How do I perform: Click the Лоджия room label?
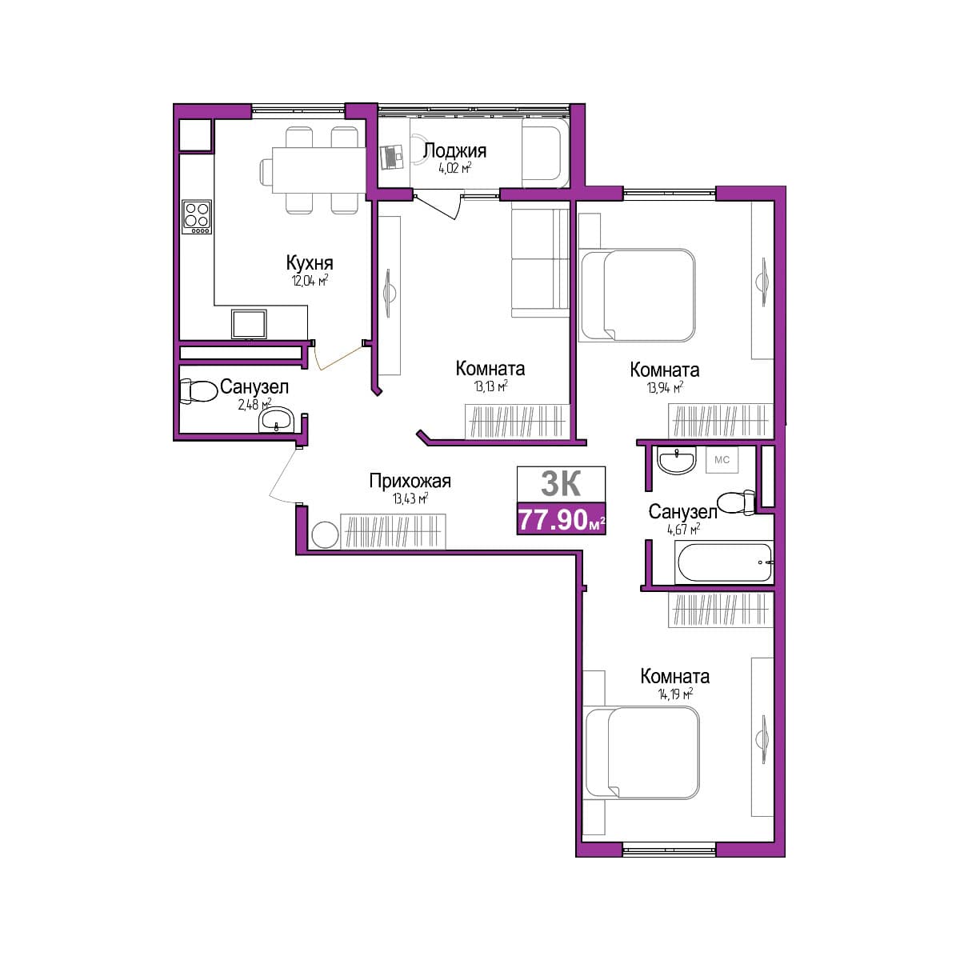(x=454, y=150)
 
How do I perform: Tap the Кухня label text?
(x=310, y=262)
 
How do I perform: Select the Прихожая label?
(x=410, y=482)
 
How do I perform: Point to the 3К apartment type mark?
(x=561, y=483)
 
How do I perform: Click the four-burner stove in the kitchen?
(x=197, y=217)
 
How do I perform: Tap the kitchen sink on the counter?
(x=249, y=324)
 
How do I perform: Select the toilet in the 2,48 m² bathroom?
(x=198, y=391)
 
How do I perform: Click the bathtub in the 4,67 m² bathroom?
(x=723, y=562)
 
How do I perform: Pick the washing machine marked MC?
(x=722, y=460)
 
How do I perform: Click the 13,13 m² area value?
(x=490, y=386)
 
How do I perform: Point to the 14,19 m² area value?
(x=675, y=694)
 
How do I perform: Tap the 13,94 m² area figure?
(x=665, y=387)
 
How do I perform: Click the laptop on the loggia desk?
(x=391, y=158)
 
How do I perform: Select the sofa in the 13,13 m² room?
(x=540, y=262)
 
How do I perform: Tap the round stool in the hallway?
(x=325, y=534)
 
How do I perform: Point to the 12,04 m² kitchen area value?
(x=310, y=281)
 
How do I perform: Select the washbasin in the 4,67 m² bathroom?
(x=676, y=460)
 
